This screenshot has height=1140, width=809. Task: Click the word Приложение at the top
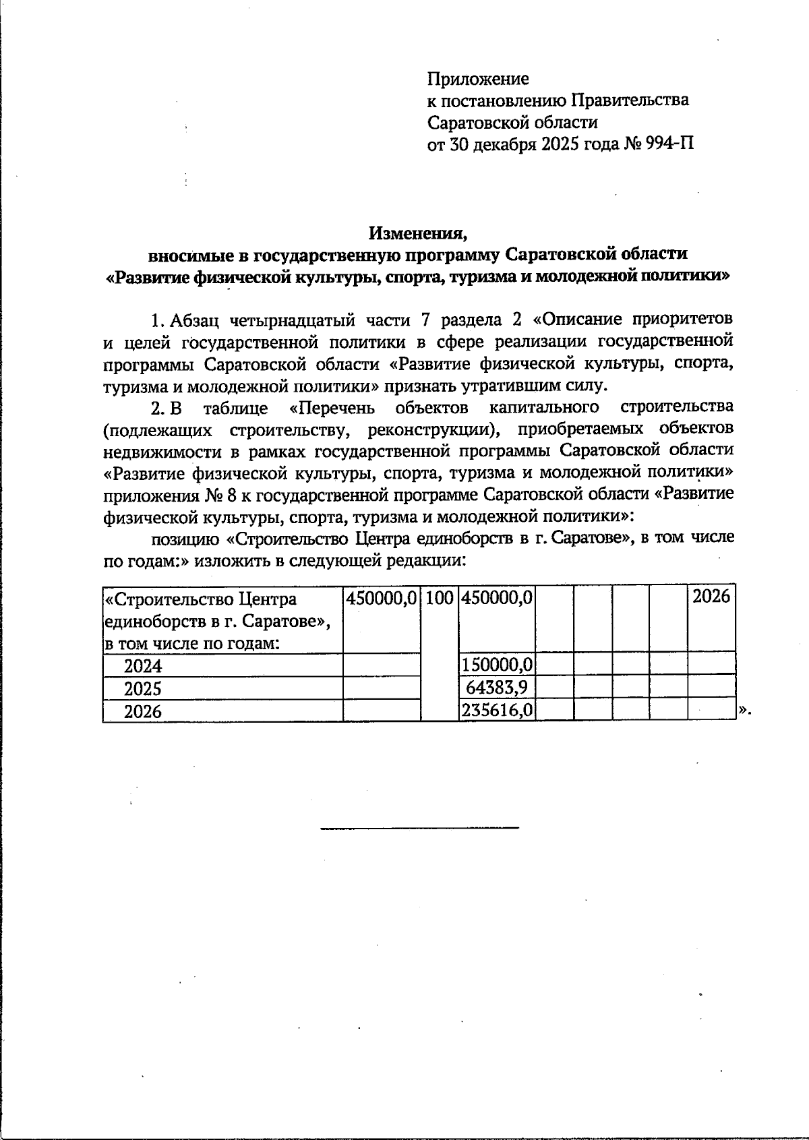point(478,79)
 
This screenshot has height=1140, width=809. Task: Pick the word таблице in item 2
point(235,408)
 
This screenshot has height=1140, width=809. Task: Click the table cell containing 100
point(440,598)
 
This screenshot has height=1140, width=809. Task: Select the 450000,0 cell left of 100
point(382,598)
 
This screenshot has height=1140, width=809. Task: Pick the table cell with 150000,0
point(498,665)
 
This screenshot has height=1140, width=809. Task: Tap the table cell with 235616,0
point(498,711)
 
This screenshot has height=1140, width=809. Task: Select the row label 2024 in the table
point(143,666)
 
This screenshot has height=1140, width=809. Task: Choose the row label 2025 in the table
point(143,688)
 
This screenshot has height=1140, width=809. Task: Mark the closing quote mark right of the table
point(744,710)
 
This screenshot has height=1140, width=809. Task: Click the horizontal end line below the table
point(419,827)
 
